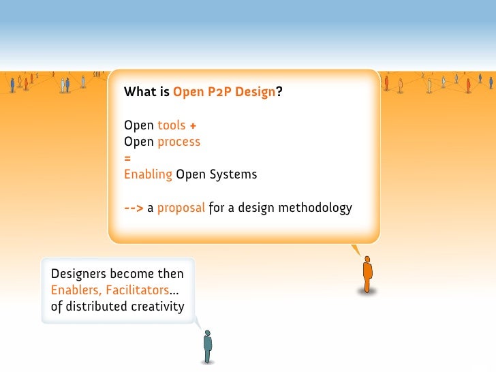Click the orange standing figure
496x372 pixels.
[368, 275]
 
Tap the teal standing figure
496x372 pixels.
[208, 347]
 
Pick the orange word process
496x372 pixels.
[179, 142]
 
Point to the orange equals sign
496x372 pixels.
[127, 158]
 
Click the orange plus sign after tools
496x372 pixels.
[193, 125]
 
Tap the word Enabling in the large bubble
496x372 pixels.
[148, 174]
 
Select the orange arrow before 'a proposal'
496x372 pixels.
[134, 207]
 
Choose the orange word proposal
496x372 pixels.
[181, 207]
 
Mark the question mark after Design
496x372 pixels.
[279, 92]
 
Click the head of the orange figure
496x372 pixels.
[368, 260]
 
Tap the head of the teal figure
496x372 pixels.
[208, 332]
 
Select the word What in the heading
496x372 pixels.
[139, 92]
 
